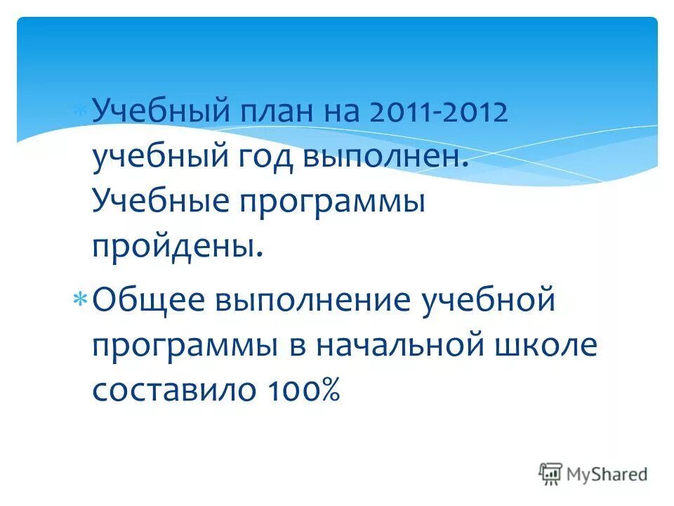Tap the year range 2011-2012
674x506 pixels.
438,112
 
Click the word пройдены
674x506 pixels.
178,247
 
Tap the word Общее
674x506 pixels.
149,300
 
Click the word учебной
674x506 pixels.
484,300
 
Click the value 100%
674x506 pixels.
308,389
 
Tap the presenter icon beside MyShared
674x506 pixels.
550,474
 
